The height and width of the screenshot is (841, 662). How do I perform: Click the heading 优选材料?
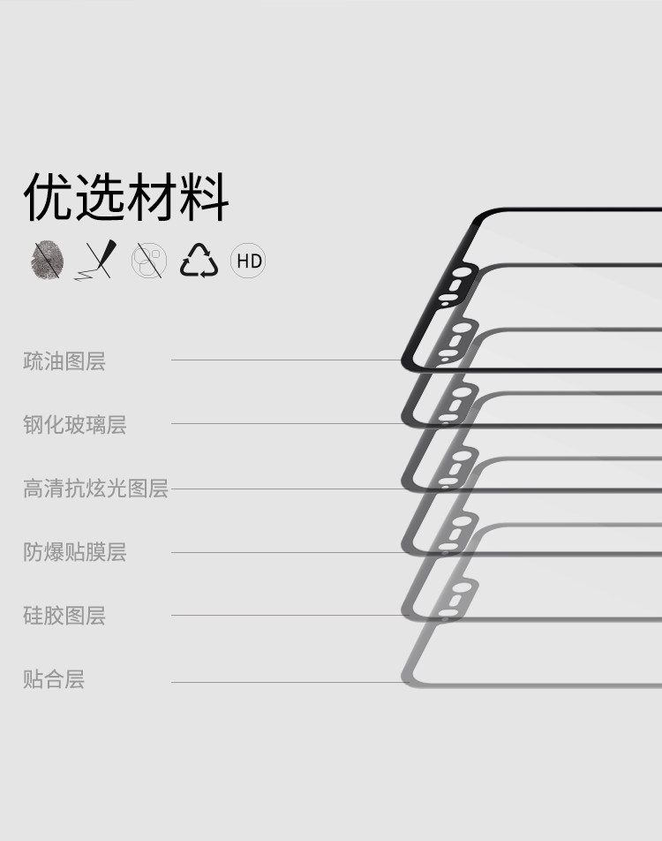126,198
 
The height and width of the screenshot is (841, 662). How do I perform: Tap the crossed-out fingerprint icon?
47,261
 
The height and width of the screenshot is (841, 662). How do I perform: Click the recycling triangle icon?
199,261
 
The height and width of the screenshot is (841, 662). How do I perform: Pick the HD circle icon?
248,261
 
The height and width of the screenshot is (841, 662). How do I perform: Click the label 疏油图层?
64,361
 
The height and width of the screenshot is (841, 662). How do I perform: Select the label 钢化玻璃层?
75,425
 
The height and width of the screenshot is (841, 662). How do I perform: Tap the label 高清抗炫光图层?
95,489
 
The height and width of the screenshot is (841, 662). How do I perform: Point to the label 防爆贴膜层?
75,553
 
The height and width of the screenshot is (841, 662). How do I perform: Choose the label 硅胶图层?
64,616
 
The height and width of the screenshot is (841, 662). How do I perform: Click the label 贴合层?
54,680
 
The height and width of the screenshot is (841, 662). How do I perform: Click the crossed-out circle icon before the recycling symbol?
148,261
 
